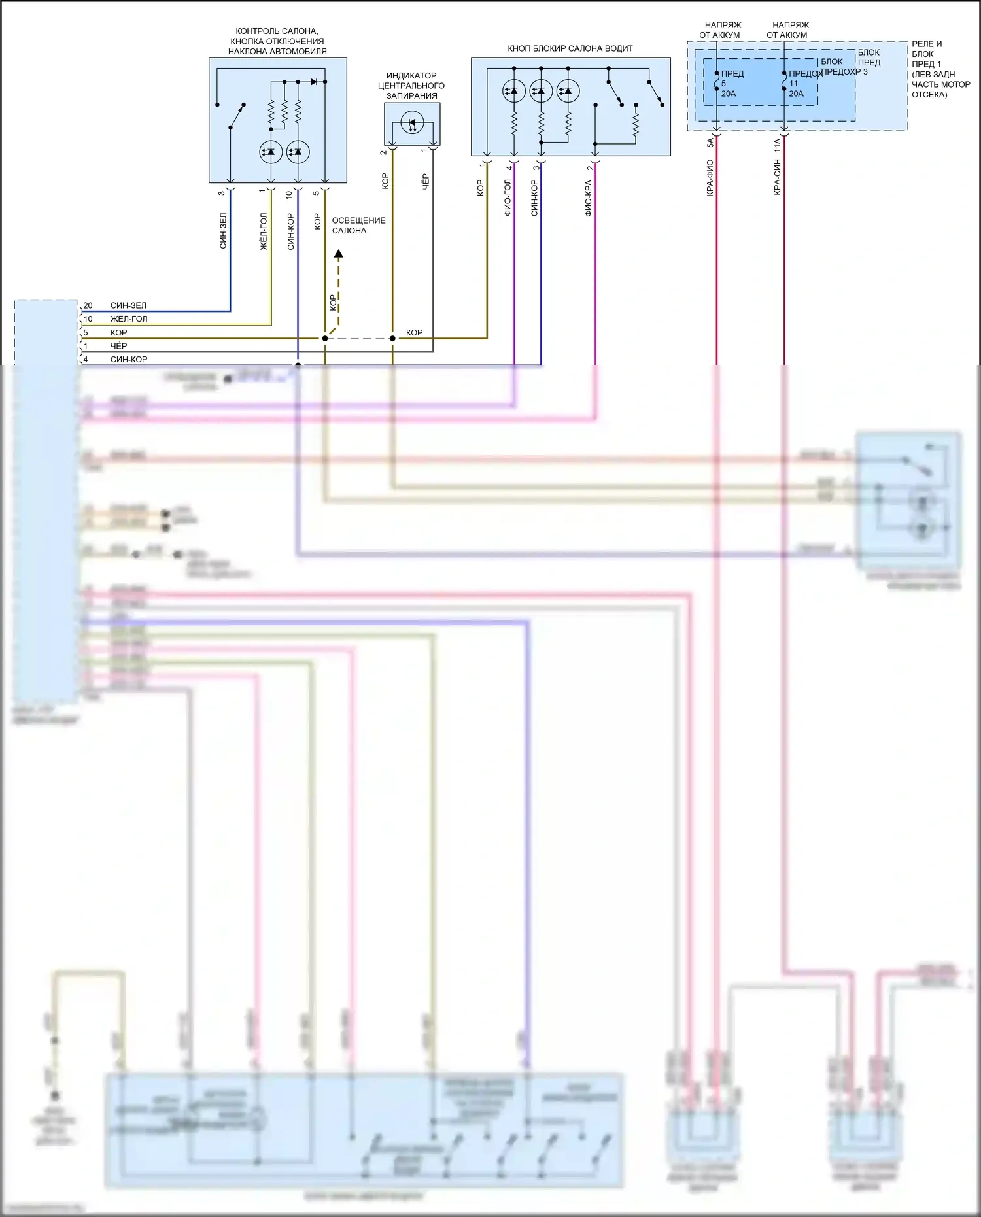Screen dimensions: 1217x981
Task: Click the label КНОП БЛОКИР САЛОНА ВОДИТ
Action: (x=570, y=48)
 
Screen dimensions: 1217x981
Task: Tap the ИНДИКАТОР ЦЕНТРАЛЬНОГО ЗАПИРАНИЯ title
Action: (x=411, y=86)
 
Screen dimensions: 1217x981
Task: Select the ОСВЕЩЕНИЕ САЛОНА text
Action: (x=358, y=226)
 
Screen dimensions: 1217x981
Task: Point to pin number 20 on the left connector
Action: (x=88, y=305)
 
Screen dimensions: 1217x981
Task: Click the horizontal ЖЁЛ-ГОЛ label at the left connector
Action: (x=128, y=319)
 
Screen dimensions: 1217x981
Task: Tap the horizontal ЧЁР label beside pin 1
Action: (x=118, y=346)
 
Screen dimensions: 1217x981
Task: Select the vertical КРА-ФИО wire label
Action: (x=710, y=178)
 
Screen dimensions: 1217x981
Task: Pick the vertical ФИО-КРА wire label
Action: (x=588, y=199)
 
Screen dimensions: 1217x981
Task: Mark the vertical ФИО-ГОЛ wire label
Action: (x=508, y=198)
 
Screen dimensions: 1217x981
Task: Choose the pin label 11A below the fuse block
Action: (x=778, y=145)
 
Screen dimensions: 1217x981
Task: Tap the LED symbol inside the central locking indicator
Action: (x=412, y=122)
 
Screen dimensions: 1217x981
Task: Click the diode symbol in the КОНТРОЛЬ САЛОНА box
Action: (x=314, y=82)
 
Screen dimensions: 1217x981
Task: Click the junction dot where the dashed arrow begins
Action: (x=325, y=338)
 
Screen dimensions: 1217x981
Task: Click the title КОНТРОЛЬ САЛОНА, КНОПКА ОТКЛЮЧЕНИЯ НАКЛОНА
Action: (x=277, y=41)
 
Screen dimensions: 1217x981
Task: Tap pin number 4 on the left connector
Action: (x=86, y=360)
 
